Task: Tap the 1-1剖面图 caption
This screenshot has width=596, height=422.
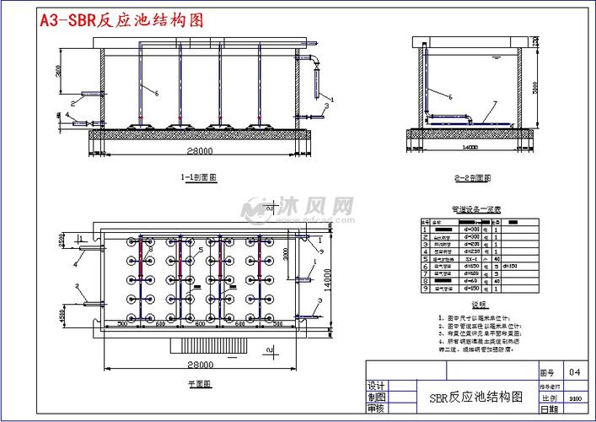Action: tap(199, 178)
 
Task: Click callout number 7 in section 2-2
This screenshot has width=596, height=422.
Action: tap(495, 104)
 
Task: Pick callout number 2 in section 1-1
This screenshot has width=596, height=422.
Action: tap(73, 103)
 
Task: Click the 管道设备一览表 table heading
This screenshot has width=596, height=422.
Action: tap(476, 208)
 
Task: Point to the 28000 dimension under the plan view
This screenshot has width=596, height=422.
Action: tap(199, 365)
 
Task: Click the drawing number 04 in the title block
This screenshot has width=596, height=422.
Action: tap(574, 371)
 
